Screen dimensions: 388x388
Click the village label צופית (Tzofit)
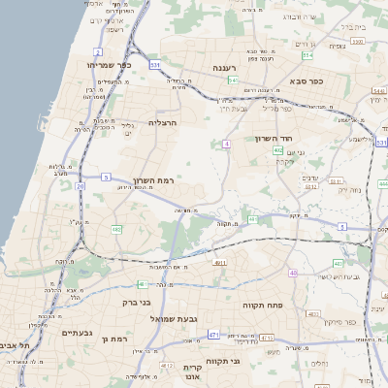click(x=337, y=46)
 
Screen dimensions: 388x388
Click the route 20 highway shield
click(x=80, y=185)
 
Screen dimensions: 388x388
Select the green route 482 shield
click(x=116, y=229)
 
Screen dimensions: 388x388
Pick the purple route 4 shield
click(x=226, y=144)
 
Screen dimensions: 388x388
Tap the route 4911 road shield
click(x=220, y=262)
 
